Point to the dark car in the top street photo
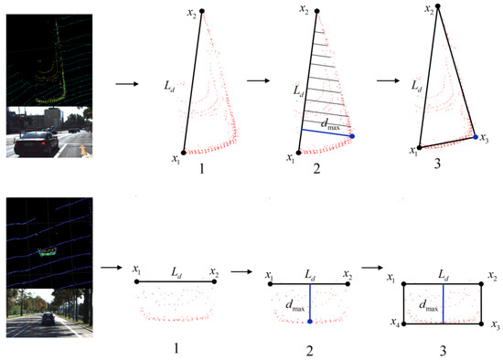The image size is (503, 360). click(x=37, y=144)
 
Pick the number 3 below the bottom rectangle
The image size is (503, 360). click(x=443, y=348)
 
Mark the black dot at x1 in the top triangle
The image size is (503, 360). click(x=420, y=146)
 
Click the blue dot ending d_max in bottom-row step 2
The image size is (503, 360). click(x=311, y=322)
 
